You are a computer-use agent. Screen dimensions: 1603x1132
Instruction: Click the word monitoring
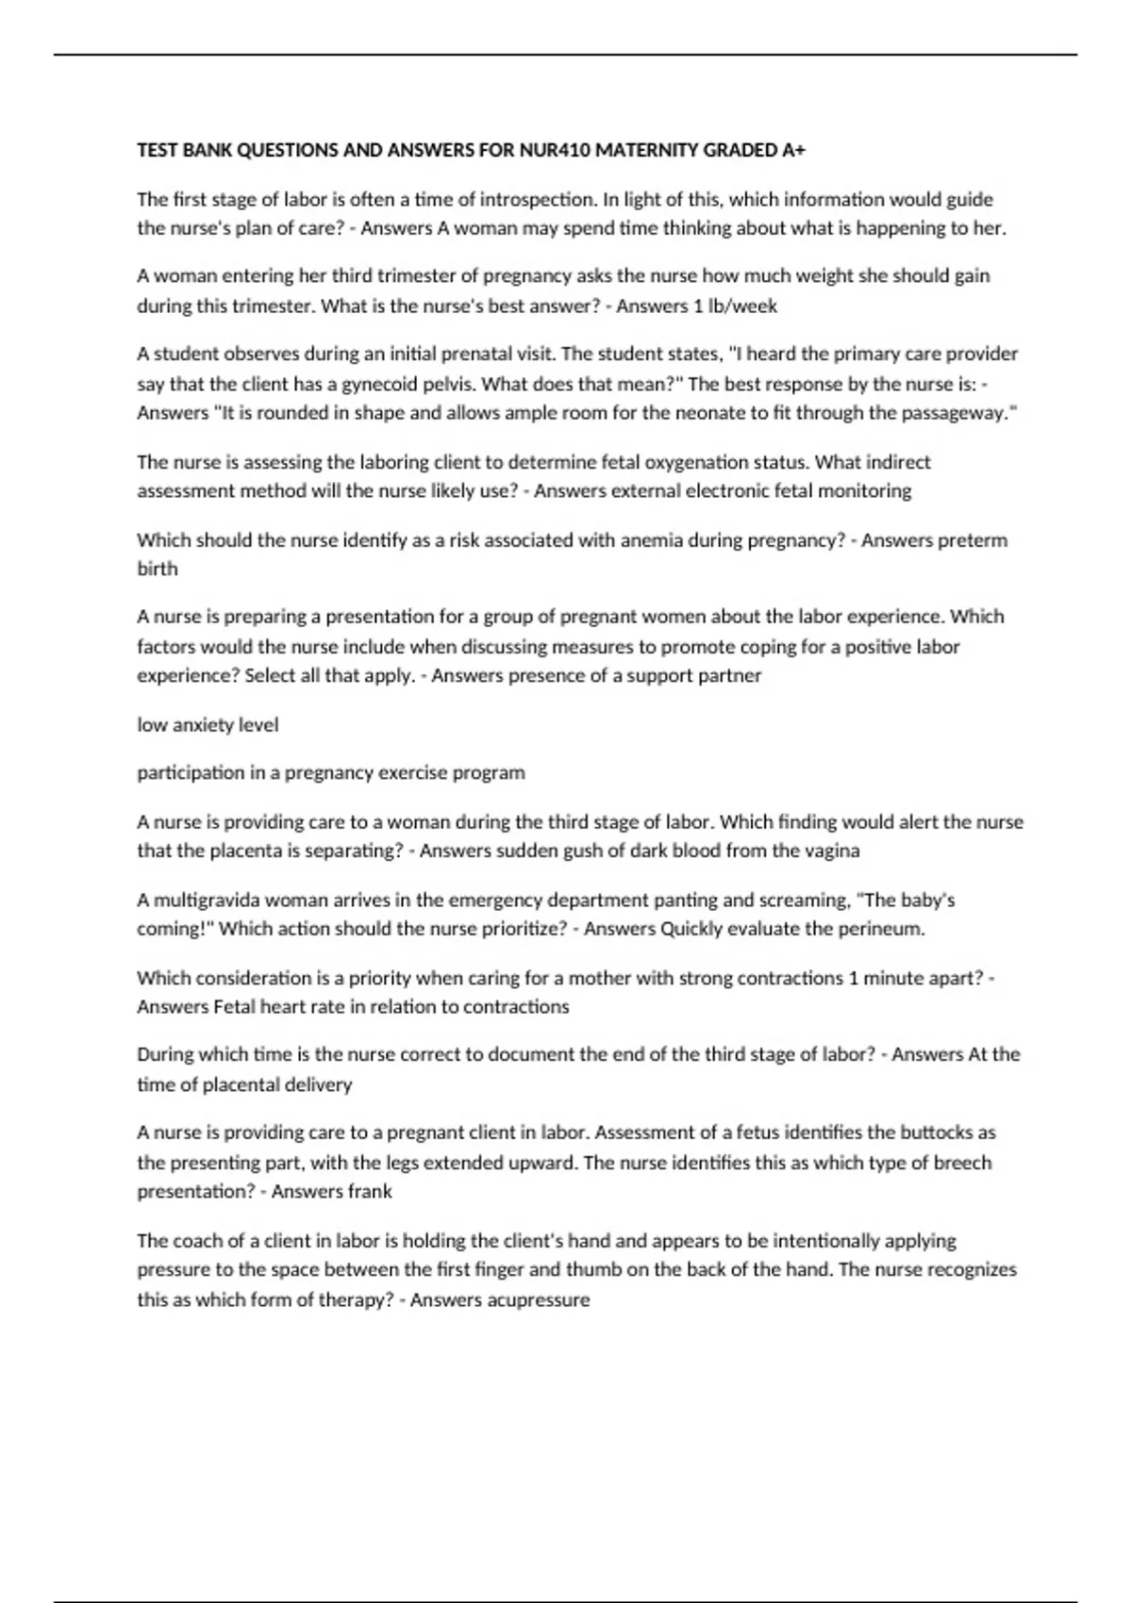pos(864,490)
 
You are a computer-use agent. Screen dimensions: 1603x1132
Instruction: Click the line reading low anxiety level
pos(208,724)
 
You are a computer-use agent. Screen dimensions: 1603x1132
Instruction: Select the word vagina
pos(832,851)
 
